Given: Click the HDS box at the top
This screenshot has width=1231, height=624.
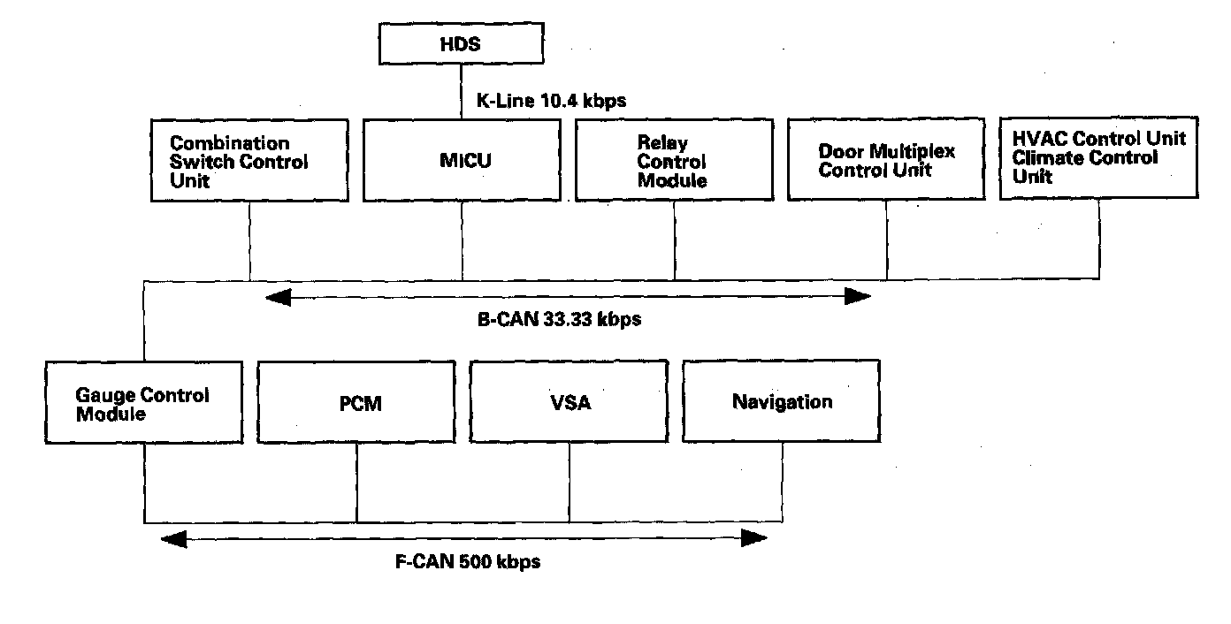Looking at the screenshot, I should pyautogui.click(x=461, y=44).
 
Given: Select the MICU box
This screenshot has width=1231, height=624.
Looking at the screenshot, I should pyautogui.click(x=462, y=160).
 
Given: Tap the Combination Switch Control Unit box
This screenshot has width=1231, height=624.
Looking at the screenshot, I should pyautogui.click(x=249, y=160).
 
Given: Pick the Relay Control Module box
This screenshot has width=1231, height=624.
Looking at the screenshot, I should pyautogui.click(x=674, y=160).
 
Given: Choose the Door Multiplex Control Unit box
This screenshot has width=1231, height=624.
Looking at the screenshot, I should pyautogui.click(x=886, y=160).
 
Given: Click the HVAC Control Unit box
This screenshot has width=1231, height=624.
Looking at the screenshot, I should pyautogui.click(x=1099, y=156).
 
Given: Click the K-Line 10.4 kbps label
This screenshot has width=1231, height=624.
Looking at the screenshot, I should pyautogui.click(x=551, y=101).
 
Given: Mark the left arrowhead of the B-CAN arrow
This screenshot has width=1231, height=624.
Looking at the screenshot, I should pyautogui.click(x=278, y=297).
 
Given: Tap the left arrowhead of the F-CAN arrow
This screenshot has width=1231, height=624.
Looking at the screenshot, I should pyautogui.click(x=173, y=537).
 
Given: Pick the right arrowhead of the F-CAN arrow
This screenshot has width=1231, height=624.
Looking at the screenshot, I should pyautogui.click(x=754, y=537).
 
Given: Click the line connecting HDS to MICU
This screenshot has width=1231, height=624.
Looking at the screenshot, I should pyautogui.click(x=461, y=93).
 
